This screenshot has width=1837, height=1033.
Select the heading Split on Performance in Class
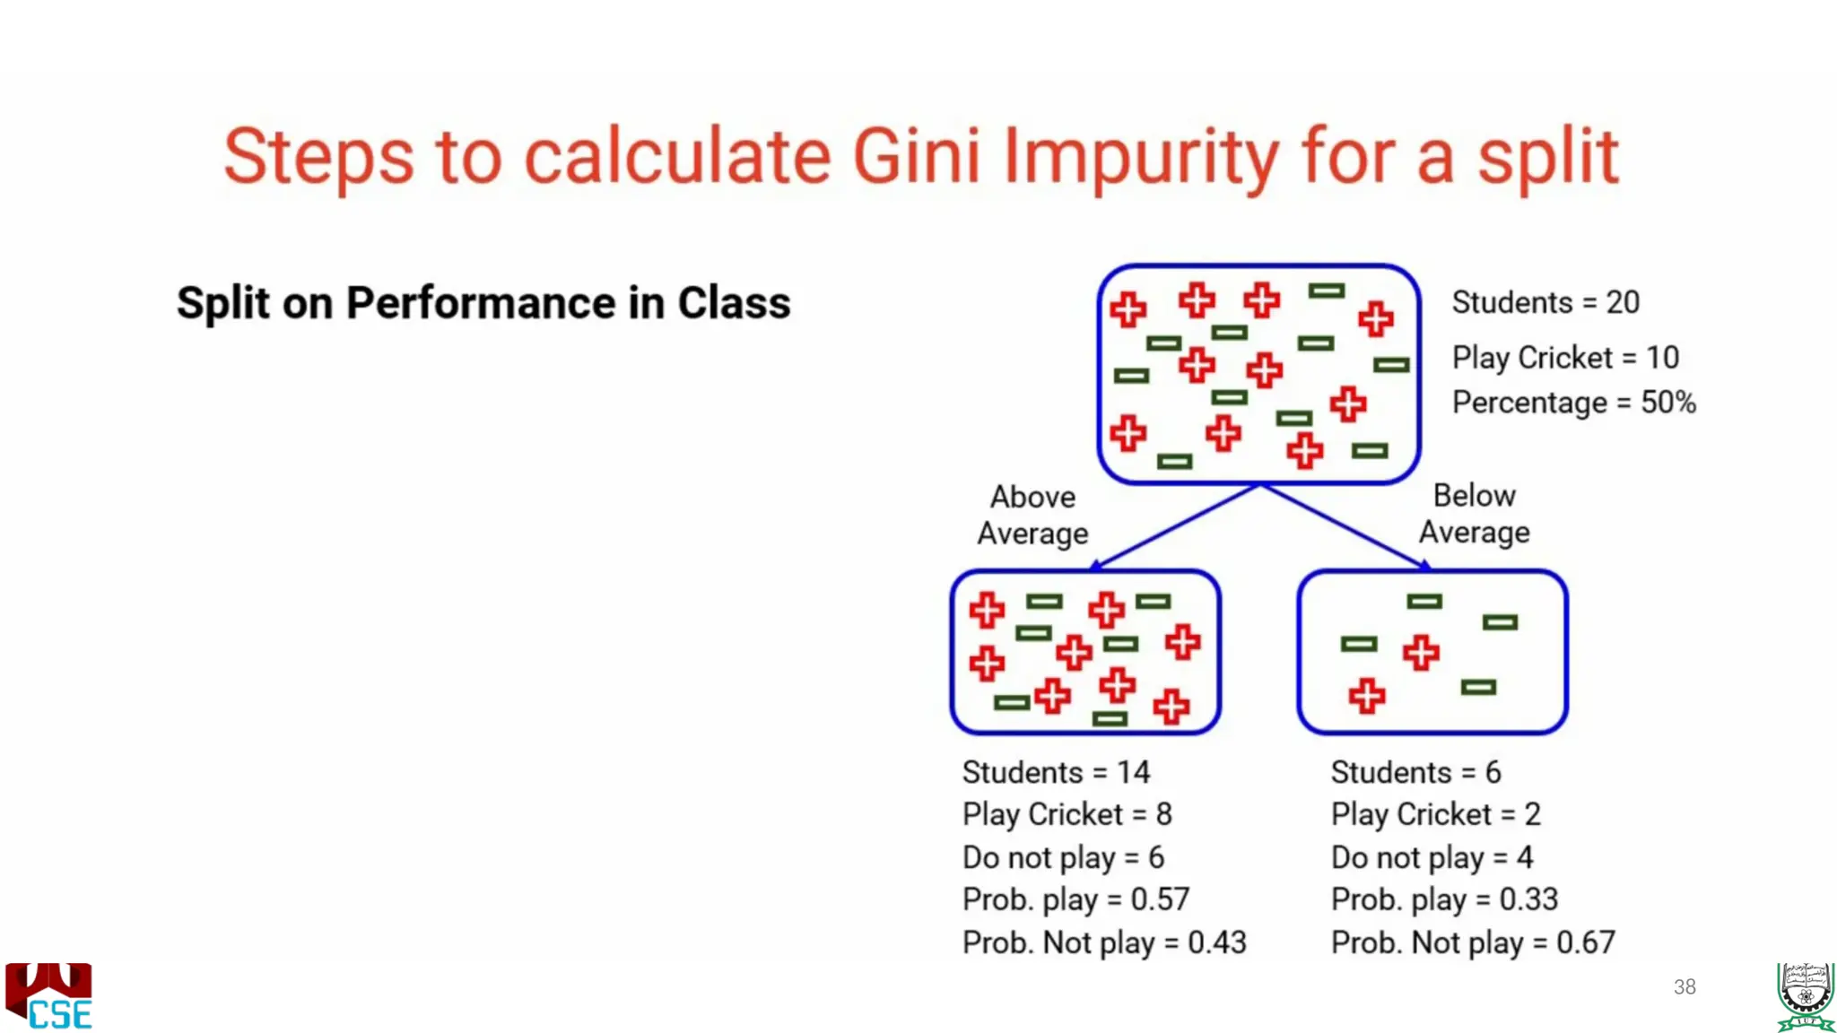483,303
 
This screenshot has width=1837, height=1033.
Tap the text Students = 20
1545,303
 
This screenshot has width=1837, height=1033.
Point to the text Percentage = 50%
1573,403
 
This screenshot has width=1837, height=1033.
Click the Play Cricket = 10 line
1565,358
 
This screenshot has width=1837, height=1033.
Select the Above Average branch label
1032,515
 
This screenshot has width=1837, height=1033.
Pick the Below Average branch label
1474,514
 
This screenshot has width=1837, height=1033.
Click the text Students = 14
1056,772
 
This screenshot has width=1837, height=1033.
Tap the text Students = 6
1415,772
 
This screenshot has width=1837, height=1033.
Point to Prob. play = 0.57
1075,899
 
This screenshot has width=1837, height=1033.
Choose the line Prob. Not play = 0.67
1473,942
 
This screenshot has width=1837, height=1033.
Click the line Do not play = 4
1432,857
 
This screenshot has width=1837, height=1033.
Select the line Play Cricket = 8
1067,814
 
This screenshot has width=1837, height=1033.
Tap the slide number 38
1685,987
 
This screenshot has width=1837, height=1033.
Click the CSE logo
49,996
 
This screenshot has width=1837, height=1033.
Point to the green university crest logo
1805,996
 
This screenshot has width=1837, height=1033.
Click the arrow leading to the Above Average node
1175,527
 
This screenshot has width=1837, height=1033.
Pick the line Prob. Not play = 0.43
1104,942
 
